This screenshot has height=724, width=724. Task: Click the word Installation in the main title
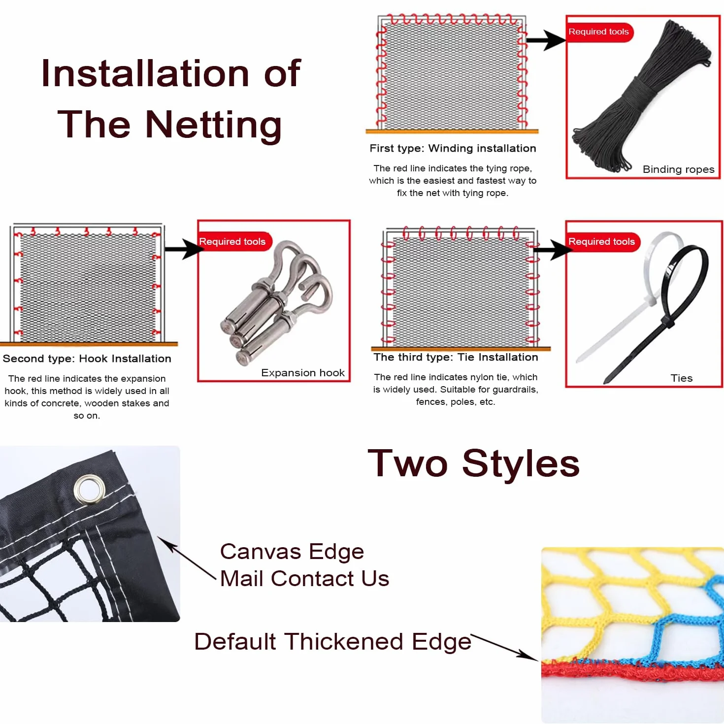tap(145, 73)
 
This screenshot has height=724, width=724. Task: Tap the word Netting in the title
tap(213, 125)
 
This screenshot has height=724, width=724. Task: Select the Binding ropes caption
tap(678, 169)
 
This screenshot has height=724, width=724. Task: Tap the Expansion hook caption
tap(303, 373)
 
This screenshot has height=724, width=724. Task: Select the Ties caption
tap(681, 378)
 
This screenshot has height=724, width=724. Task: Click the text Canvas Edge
tap(292, 552)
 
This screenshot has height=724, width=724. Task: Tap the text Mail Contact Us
tap(304, 578)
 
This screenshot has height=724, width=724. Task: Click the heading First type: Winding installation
tap(453, 148)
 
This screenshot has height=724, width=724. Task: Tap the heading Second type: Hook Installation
tap(87, 359)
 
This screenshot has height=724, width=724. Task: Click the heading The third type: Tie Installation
tap(456, 357)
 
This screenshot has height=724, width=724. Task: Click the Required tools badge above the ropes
tap(599, 32)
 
